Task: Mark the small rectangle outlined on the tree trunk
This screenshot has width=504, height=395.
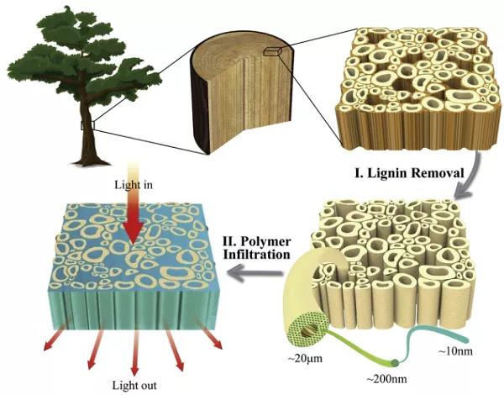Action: pos(87,124)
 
